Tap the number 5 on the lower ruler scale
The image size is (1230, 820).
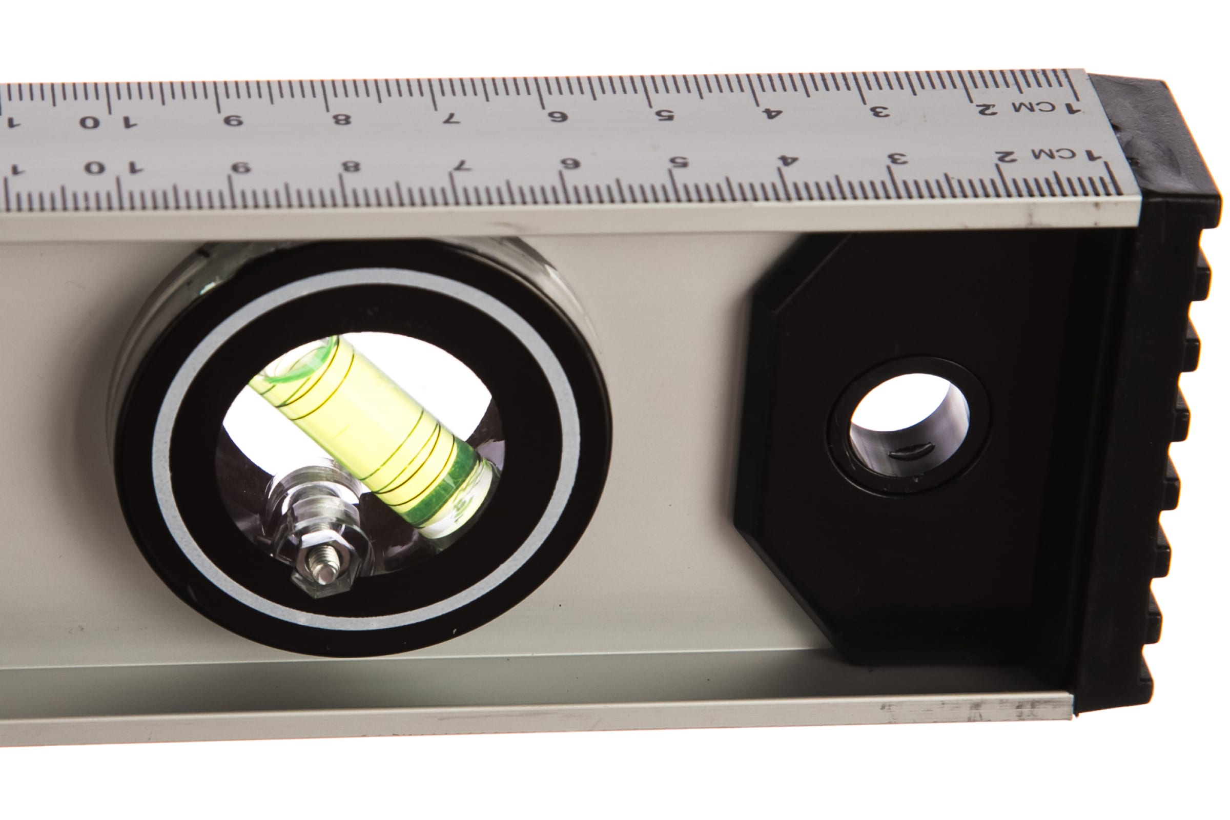[x=678, y=162]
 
